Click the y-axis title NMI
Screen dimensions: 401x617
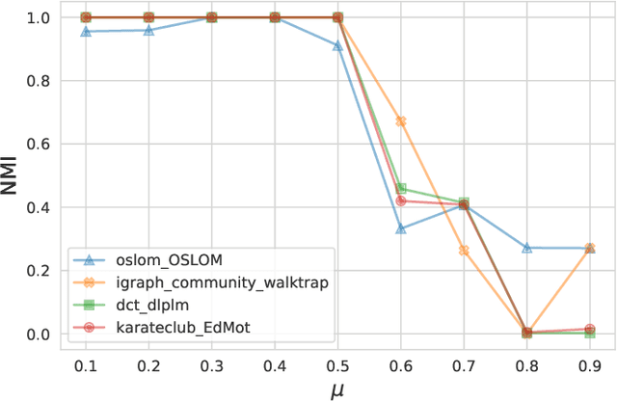[x=13, y=175]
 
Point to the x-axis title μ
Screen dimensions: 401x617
[x=337, y=389]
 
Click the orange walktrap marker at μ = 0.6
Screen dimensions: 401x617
[x=400, y=121]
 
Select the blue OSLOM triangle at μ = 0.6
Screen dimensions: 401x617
[x=400, y=228]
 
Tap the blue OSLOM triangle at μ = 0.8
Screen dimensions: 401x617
[x=526, y=248]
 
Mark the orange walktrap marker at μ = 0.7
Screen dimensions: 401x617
[x=464, y=251]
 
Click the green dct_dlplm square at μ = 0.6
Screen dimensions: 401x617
[x=401, y=189]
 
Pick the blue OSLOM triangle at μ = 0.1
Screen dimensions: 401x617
[x=86, y=32]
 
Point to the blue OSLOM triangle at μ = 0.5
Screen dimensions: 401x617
[x=337, y=45]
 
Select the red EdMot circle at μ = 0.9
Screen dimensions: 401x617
[x=589, y=330]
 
